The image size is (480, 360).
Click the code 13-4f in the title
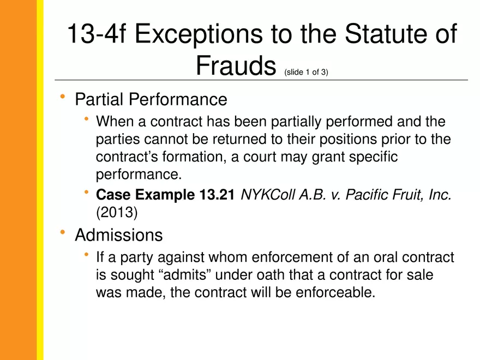pos(95,35)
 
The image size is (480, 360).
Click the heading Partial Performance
pos(151,99)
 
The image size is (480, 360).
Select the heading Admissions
pos(118,235)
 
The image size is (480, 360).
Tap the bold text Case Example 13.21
pos(165,195)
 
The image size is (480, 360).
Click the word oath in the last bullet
pos(267,275)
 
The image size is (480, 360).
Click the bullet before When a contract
pos(86,119)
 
